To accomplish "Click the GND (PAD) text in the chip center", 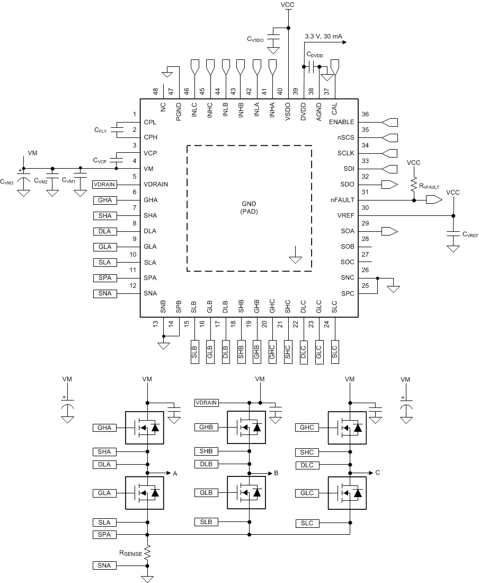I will pyautogui.click(x=249, y=207).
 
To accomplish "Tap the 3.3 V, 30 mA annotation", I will pyautogui.click(x=323, y=37).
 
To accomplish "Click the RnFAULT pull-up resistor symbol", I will pyautogui.click(x=413, y=184).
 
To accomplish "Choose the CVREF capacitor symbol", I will pyautogui.click(x=453, y=233).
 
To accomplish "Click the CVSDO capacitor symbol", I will pyautogui.click(x=273, y=40).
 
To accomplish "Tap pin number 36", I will pyautogui.click(x=365, y=115).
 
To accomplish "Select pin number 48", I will pyautogui.click(x=155, y=91).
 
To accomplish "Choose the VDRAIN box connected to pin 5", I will pyautogui.click(x=103, y=185).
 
